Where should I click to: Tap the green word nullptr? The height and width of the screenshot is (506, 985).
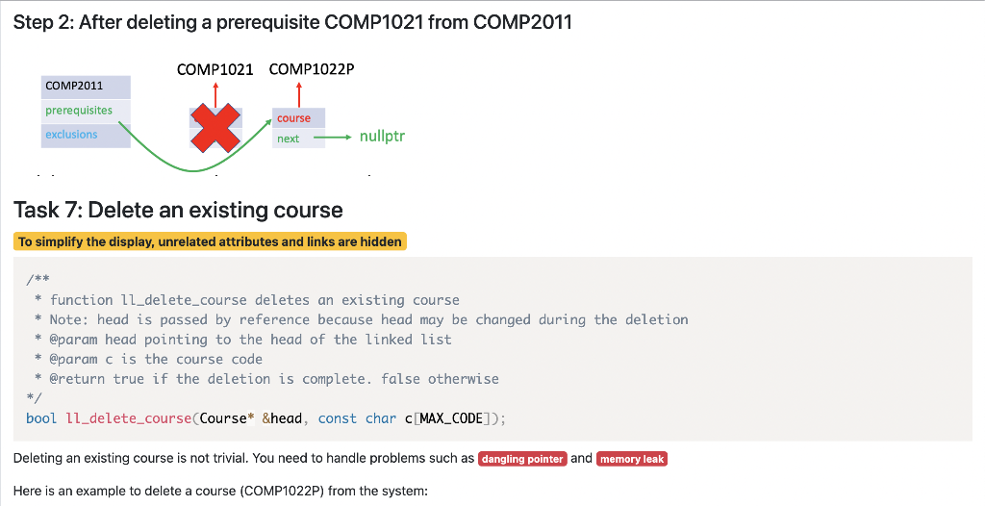pyautogui.click(x=382, y=137)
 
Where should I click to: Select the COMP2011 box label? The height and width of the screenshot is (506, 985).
pyautogui.click(x=74, y=86)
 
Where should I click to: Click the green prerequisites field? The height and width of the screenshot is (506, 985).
pyautogui.click(x=79, y=111)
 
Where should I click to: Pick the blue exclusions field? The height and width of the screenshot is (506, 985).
pyautogui.click(x=71, y=135)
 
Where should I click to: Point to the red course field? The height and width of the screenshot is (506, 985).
pyautogui.click(x=293, y=118)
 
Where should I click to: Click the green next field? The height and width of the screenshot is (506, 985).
pyautogui.click(x=288, y=139)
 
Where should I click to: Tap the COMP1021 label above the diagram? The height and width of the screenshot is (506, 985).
pyautogui.click(x=215, y=69)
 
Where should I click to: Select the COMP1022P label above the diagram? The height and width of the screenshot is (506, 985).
pyautogui.click(x=312, y=69)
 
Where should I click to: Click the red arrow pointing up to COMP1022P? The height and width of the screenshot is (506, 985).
pyautogui.click(x=298, y=94)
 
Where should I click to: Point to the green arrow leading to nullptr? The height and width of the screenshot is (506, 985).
pyautogui.click(x=332, y=138)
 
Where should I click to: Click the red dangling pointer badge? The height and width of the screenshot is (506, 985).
pyautogui.click(x=522, y=459)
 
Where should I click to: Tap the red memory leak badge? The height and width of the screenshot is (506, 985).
pyautogui.click(x=632, y=459)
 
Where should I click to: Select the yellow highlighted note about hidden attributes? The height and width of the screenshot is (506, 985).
pyautogui.click(x=210, y=241)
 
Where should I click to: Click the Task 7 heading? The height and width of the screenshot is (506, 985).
pyautogui.click(x=178, y=210)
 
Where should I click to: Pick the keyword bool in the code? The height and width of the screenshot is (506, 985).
pyautogui.click(x=41, y=418)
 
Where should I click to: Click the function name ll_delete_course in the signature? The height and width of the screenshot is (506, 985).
pyautogui.click(x=128, y=418)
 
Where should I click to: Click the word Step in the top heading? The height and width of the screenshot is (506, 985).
pyautogui.click(x=36, y=22)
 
